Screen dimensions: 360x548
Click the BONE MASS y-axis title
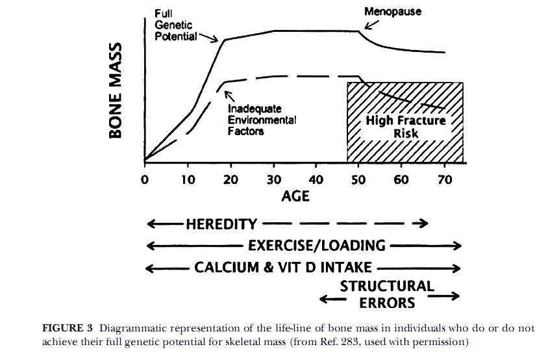click(116, 90)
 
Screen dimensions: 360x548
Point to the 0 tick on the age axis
click(145, 179)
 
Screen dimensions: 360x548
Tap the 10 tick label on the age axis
click(188, 179)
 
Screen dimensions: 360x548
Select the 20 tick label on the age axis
click(230, 179)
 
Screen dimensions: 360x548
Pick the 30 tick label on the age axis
click(273, 179)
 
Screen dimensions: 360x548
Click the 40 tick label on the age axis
click(316, 179)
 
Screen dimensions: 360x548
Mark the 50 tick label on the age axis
click(359, 179)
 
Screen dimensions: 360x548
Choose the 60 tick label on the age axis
click(402, 179)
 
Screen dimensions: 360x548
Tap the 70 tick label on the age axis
click(445, 179)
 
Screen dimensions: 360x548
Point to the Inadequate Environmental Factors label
click(262, 120)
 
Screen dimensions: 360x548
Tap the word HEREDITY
click(221, 224)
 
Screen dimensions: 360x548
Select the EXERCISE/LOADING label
click(317, 246)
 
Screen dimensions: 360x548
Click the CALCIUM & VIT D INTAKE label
click(283, 267)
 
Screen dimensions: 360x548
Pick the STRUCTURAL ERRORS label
click(387, 294)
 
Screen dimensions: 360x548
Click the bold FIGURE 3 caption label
click(69, 328)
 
